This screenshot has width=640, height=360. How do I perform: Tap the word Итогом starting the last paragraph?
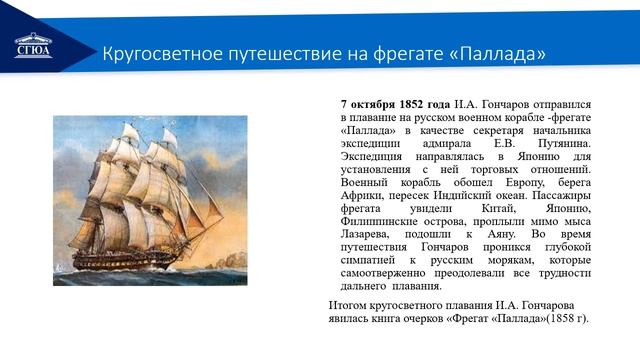tap(351, 304)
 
